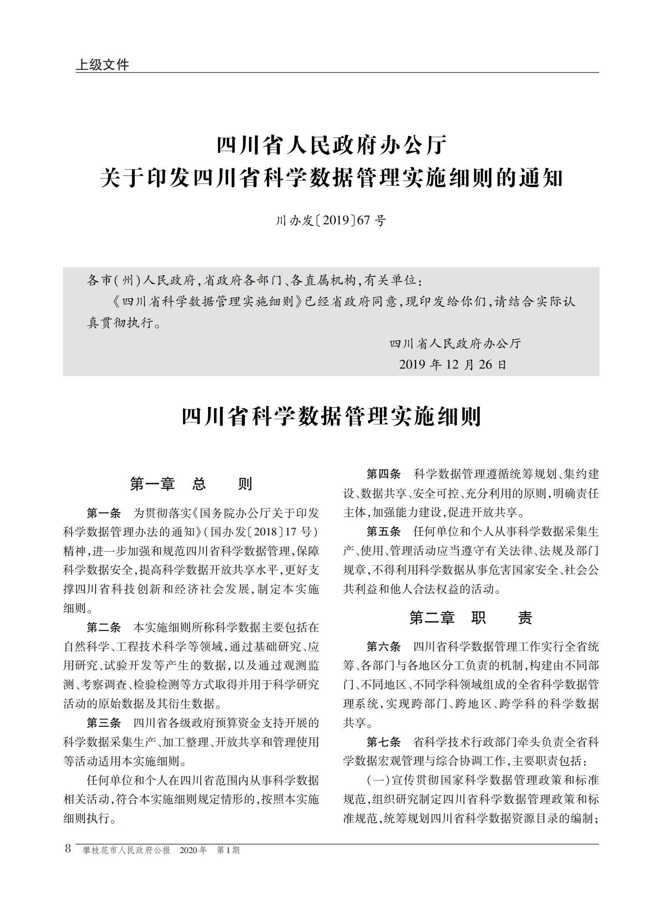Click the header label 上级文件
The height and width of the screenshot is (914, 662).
pyautogui.click(x=103, y=65)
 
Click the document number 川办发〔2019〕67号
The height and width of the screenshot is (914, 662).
pyautogui.click(x=331, y=220)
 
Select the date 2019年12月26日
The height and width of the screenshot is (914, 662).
pyautogui.click(x=453, y=364)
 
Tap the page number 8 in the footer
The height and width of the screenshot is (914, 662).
pyautogui.click(x=68, y=849)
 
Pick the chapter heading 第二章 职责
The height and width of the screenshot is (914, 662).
pyautogui.click(x=471, y=618)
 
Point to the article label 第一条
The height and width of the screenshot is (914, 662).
pyautogui.click(x=103, y=513)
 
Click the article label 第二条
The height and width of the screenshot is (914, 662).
pyautogui.click(x=103, y=627)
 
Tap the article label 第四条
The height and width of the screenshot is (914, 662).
pyautogui.click(x=383, y=474)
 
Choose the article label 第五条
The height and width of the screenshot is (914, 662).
pyautogui.click(x=383, y=531)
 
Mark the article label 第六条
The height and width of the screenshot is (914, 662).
pyautogui.click(x=383, y=647)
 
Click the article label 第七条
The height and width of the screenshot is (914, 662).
pyautogui.click(x=383, y=742)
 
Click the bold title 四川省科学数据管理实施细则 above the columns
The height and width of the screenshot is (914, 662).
pyautogui.click(x=331, y=416)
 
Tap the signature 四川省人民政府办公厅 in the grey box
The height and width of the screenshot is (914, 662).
pyautogui.click(x=456, y=344)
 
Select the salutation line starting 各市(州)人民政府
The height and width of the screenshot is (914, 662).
pyautogui.click(x=254, y=280)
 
